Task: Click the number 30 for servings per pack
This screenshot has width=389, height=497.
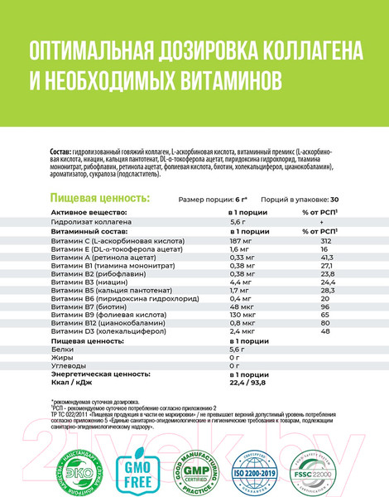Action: click(334, 200)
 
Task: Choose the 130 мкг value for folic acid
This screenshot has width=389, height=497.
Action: click(240, 316)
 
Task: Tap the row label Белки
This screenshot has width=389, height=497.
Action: click(62, 353)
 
